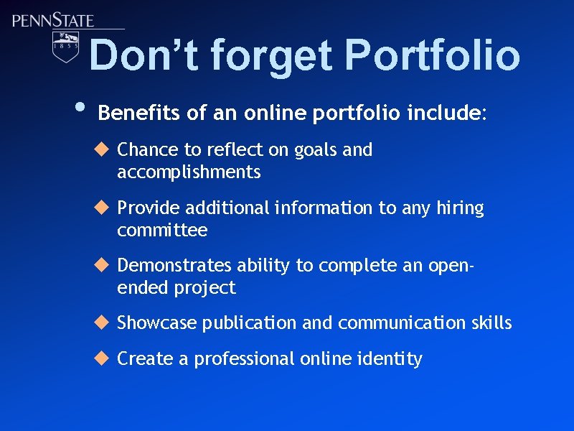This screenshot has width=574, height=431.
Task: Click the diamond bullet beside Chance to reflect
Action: (101, 149)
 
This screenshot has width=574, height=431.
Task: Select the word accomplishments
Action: (189, 172)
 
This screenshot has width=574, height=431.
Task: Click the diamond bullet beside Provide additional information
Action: (101, 208)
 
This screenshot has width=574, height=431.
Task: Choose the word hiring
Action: (460, 209)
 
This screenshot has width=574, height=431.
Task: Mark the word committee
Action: (162, 231)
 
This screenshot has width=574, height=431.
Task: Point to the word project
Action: (204, 289)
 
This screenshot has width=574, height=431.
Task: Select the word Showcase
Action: (156, 323)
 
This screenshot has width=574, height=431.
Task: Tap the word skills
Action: (492, 323)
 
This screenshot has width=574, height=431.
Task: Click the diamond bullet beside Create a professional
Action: (101, 358)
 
